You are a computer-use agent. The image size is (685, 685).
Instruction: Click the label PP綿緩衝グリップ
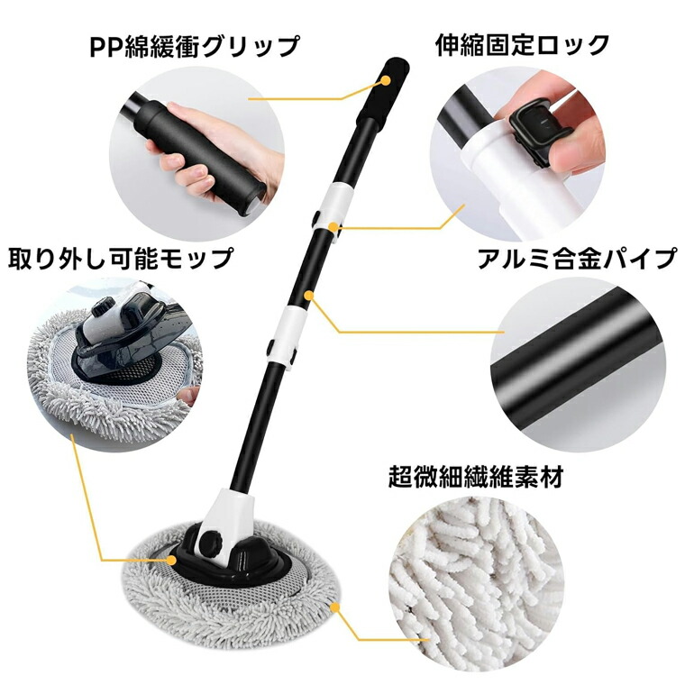click(x=195, y=46)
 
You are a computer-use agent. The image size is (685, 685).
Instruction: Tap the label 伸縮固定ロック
click(x=522, y=44)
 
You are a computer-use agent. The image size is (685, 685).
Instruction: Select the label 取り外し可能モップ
click(x=121, y=258)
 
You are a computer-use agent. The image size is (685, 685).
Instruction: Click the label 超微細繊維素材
click(x=476, y=477)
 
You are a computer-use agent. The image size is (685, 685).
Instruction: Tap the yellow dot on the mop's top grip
click(x=386, y=80)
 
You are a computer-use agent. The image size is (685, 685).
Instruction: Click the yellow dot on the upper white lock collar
click(x=333, y=226)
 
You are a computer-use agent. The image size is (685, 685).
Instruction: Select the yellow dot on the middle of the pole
click(x=309, y=296)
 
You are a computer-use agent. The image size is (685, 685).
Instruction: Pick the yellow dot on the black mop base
click(x=171, y=560)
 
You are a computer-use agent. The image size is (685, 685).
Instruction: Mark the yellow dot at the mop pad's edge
click(x=335, y=607)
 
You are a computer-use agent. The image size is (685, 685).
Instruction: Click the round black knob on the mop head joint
click(x=210, y=543)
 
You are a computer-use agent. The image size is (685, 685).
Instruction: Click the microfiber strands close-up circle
click(x=476, y=589)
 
